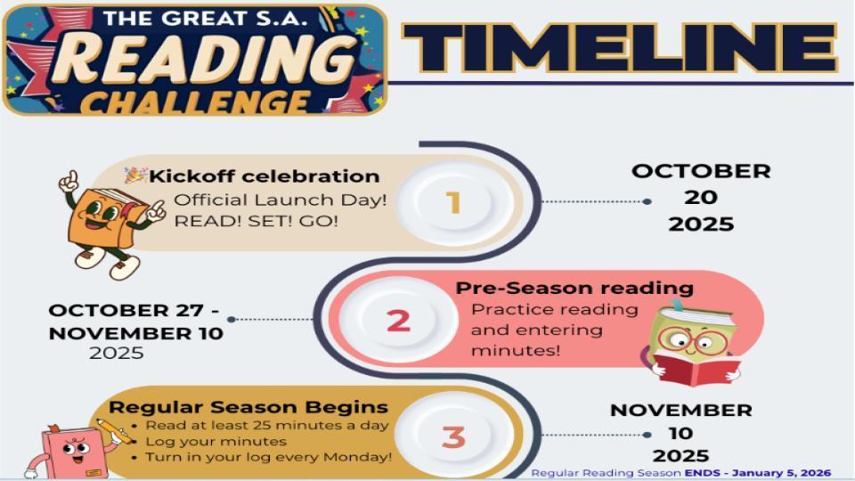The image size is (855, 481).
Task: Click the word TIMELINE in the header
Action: tap(619, 47)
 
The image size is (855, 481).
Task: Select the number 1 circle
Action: tap(453, 202)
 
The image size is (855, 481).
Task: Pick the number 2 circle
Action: tap(398, 320)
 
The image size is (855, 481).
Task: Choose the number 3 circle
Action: tap(453, 436)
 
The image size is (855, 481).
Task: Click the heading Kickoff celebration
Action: tap(264, 176)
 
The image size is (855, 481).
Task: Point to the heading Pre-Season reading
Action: tap(574, 288)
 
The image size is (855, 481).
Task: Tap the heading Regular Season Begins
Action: tap(248, 407)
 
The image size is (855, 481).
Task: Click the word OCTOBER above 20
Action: tap(701, 171)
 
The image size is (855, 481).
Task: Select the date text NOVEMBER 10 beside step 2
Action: tap(136, 333)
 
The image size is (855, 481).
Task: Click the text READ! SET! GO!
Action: tap(256, 221)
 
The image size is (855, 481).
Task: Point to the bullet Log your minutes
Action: tap(216, 441)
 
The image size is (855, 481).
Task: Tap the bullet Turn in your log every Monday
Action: tap(268, 457)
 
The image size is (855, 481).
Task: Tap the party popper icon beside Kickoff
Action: tap(135, 175)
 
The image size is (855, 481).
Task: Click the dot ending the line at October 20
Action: tap(647, 202)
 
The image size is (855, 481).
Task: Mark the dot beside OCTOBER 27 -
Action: tap(232, 320)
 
